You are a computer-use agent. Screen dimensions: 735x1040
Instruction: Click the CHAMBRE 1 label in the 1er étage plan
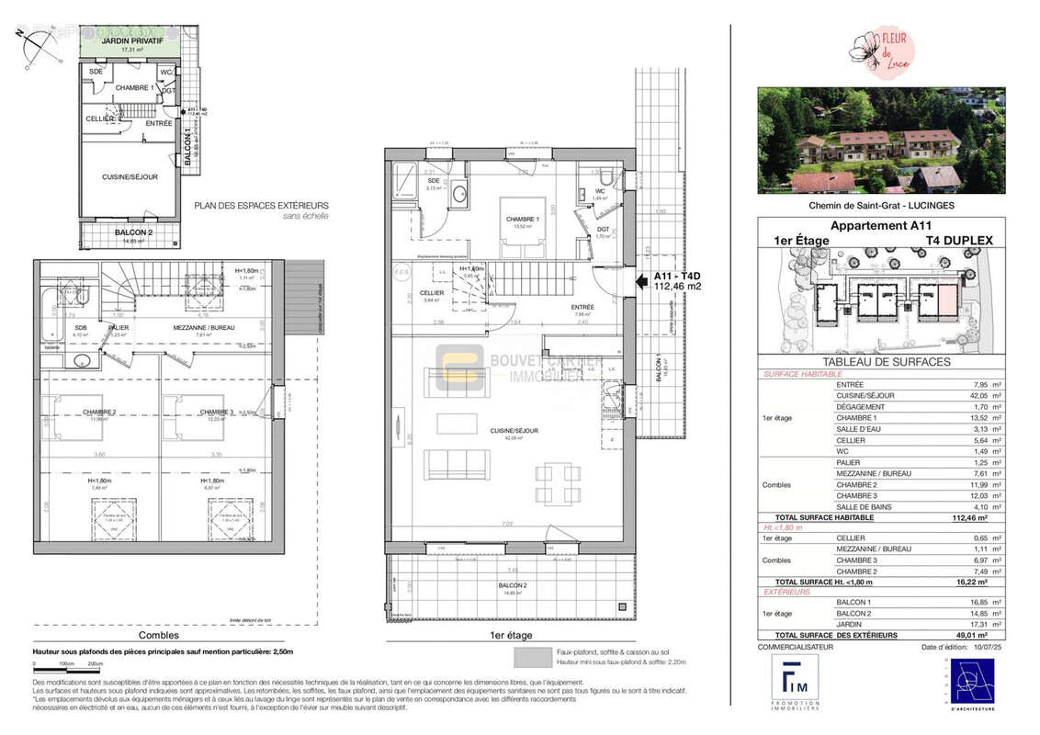(520, 219)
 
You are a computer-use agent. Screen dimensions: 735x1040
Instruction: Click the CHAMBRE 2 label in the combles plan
(98, 412)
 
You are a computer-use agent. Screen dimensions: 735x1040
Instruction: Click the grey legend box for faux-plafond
(532, 656)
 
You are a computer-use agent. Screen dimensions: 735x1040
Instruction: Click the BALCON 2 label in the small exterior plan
(132, 233)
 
